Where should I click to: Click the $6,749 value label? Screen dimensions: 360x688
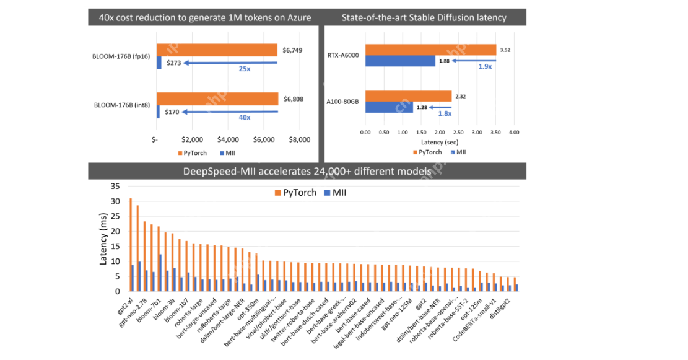pyautogui.click(x=293, y=50)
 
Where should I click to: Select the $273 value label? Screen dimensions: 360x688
pyautogui.click(x=172, y=63)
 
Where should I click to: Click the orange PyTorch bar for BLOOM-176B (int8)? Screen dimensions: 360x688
pyautogui.click(x=217, y=99)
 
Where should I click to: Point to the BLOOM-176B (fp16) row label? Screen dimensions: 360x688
pyautogui.click(x=121, y=56)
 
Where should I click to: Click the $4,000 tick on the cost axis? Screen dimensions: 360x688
pyautogui.click(x=229, y=139)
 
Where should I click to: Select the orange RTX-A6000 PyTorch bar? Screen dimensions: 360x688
pyautogui.click(x=430, y=50)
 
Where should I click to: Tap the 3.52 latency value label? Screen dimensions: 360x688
pyautogui.click(x=505, y=50)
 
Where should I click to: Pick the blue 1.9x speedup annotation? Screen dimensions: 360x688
pyautogui.click(x=485, y=66)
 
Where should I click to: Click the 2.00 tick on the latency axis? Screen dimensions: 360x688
pyautogui.click(x=439, y=133)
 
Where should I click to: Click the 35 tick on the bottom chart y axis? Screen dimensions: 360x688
pyautogui.click(x=115, y=187)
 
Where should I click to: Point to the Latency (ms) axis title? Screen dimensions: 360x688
pyautogui.click(x=103, y=239)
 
